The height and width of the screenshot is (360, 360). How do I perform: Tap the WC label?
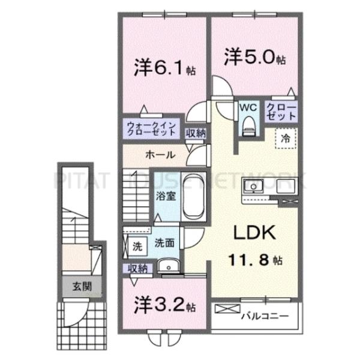[x=248, y=107]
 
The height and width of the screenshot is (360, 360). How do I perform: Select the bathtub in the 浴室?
[x=194, y=197]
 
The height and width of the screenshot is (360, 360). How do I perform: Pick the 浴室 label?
[x=165, y=195]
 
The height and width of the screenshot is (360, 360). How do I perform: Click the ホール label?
[x=160, y=155]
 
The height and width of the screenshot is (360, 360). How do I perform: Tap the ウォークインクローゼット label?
[x=151, y=128]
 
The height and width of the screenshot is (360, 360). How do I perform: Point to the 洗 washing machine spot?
[x=136, y=245]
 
